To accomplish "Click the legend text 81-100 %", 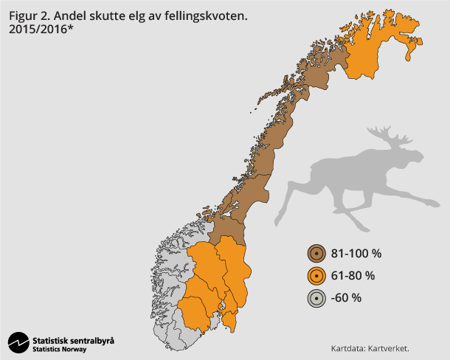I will [x=356, y=254].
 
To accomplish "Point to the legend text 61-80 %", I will [x=353, y=276].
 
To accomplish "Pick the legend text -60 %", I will [x=347, y=298].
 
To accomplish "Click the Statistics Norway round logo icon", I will [x=18, y=343].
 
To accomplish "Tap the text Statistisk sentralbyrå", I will [x=74, y=340].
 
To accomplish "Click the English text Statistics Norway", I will [x=60, y=349].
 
